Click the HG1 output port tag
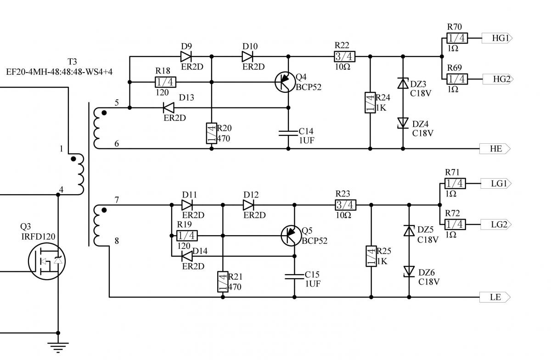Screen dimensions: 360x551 [496, 39]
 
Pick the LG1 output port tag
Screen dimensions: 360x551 [495, 184]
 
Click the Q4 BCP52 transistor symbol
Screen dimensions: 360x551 [284, 82]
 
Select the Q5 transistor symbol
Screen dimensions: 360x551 [290, 235]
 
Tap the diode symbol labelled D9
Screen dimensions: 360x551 [186, 56]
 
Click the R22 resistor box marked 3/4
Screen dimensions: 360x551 [345, 56]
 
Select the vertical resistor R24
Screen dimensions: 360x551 [370, 103]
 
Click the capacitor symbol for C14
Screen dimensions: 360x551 [288, 133]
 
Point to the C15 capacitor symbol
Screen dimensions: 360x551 [294, 276]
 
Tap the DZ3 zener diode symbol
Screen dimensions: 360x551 [403, 84]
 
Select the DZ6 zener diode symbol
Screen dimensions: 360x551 [409, 271]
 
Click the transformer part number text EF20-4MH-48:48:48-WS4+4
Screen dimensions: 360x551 [59, 72]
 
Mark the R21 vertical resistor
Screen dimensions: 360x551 [223, 281]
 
